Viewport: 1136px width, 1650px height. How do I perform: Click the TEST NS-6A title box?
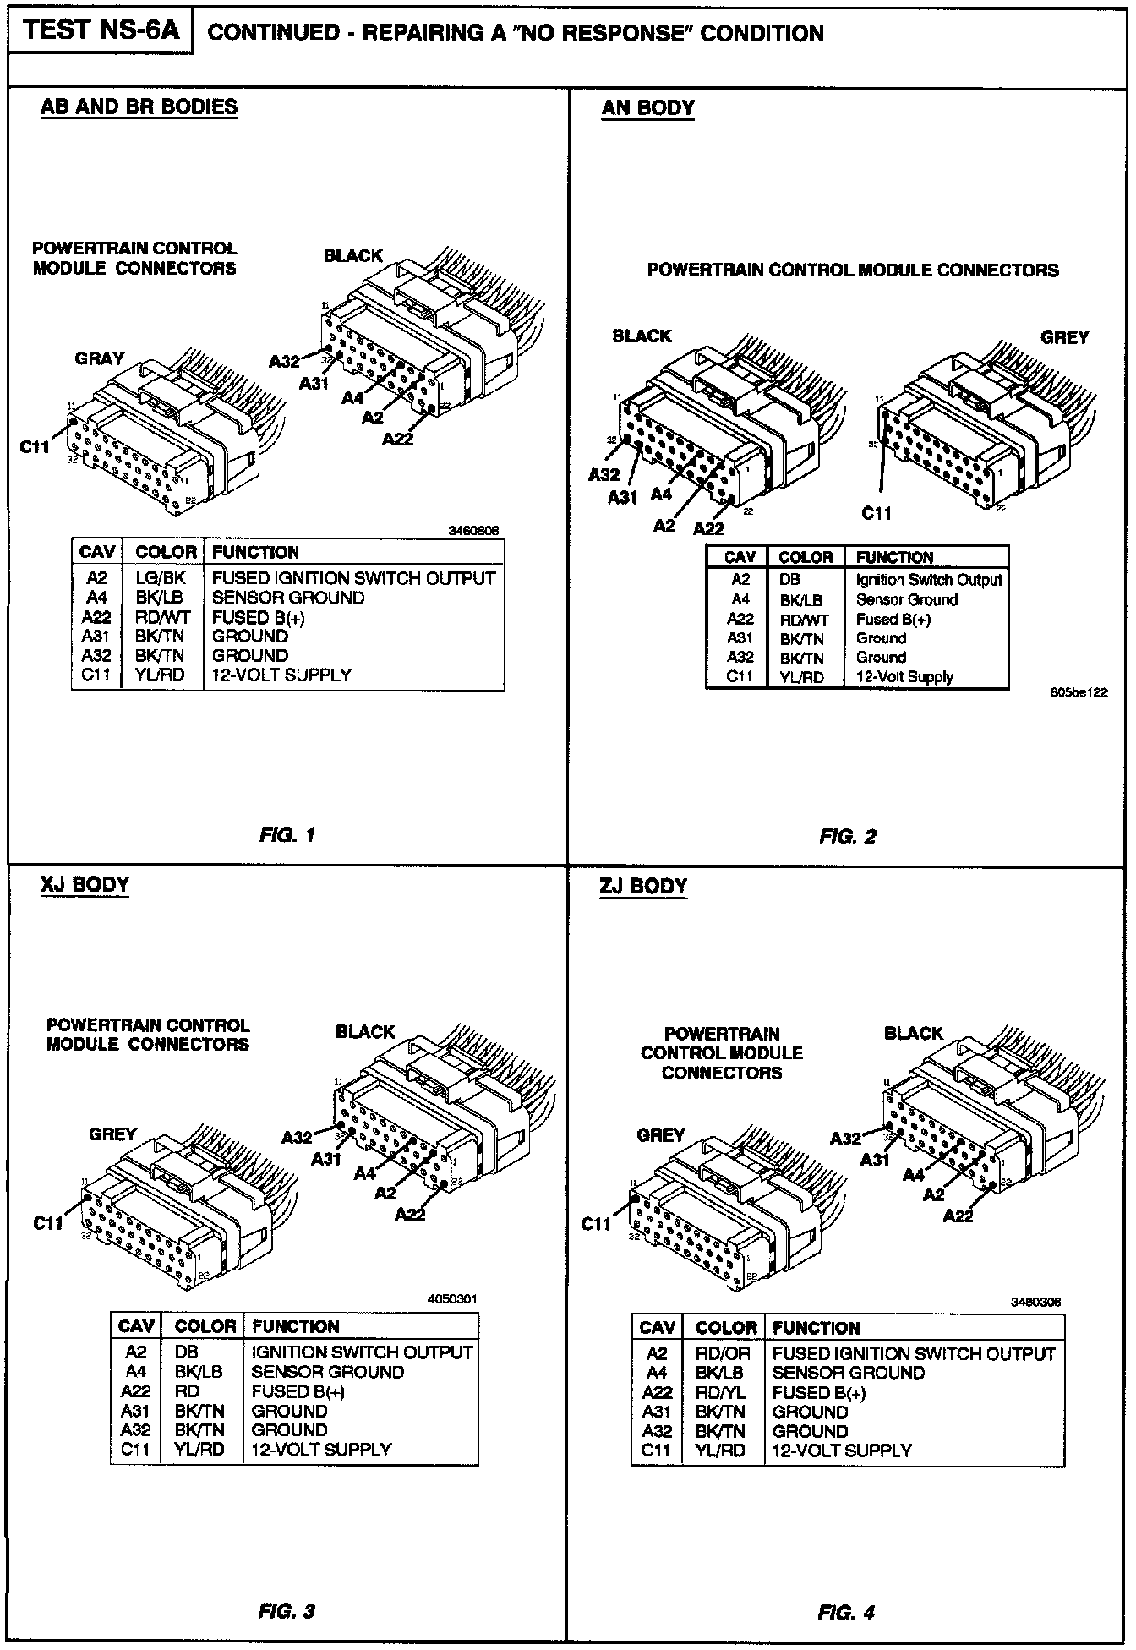(101, 30)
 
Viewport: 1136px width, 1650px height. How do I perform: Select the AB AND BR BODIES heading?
(139, 107)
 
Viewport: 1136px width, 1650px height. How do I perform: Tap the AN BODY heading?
(647, 108)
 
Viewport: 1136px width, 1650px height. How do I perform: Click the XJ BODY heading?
(85, 885)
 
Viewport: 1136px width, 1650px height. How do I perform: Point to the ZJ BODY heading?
(643, 887)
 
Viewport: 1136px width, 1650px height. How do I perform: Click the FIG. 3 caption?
(287, 1612)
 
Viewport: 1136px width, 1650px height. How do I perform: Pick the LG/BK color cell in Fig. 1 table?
(161, 578)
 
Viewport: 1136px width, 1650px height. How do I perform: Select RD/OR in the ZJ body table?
(723, 1354)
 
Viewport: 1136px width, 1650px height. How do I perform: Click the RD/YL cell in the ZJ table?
(721, 1393)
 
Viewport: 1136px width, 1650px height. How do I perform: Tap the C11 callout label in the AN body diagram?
(877, 513)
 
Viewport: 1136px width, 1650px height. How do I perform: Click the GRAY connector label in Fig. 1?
(100, 358)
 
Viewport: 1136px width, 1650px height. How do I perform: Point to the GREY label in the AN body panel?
(1065, 337)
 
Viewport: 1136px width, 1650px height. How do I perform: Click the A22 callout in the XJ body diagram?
(410, 1215)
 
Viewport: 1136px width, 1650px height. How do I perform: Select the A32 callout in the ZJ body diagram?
(845, 1139)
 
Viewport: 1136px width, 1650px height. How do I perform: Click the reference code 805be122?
(1079, 693)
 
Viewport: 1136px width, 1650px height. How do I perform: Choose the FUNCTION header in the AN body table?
(894, 557)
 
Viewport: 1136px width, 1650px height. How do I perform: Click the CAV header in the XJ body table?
(136, 1326)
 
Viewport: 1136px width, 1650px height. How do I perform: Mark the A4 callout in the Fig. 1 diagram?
(352, 397)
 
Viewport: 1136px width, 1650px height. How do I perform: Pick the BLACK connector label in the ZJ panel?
(913, 1033)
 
